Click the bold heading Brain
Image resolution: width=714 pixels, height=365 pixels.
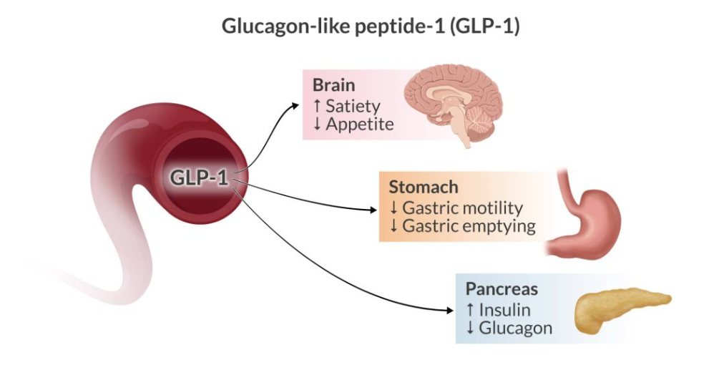(333, 86)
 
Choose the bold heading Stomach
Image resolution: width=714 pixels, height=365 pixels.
(422, 188)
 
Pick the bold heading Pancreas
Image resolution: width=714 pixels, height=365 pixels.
(502, 290)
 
